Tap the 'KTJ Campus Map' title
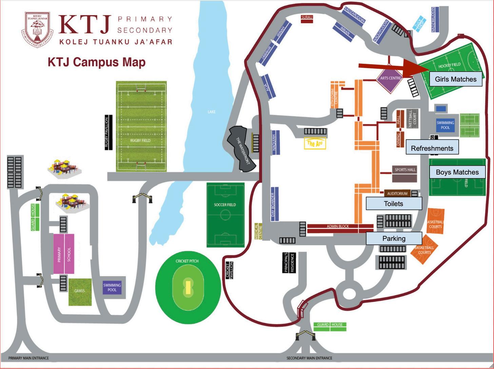(97, 62)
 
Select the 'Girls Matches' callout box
(455, 79)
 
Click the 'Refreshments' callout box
(432, 148)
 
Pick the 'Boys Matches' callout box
(457, 172)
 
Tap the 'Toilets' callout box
(393, 204)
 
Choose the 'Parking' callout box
(394, 239)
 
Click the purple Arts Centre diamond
(390, 78)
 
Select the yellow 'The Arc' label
(315, 144)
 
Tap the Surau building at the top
(307, 19)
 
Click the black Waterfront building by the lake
(242, 148)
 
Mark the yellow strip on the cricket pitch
(187, 287)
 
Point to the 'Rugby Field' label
(140, 140)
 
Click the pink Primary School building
(64, 254)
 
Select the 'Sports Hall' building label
(405, 170)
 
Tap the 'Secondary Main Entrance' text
(309, 358)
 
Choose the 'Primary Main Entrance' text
(28, 358)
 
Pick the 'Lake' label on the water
(212, 112)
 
